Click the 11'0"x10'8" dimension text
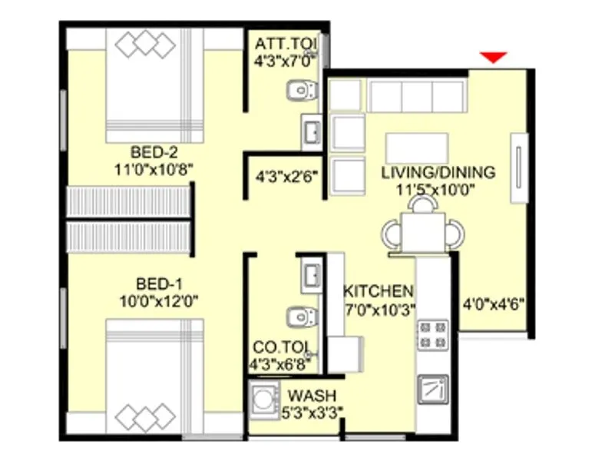pos(154,166)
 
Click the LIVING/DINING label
pos(438,172)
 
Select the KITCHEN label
pos(378,291)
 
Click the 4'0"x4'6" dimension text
pos(494,303)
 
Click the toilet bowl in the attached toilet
pos(300,92)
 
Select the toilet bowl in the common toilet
pos(300,316)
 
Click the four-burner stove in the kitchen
pos(432,334)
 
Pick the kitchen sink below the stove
pos(432,389)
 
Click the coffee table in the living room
pos(417,147)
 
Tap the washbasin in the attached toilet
pos(311,132)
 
